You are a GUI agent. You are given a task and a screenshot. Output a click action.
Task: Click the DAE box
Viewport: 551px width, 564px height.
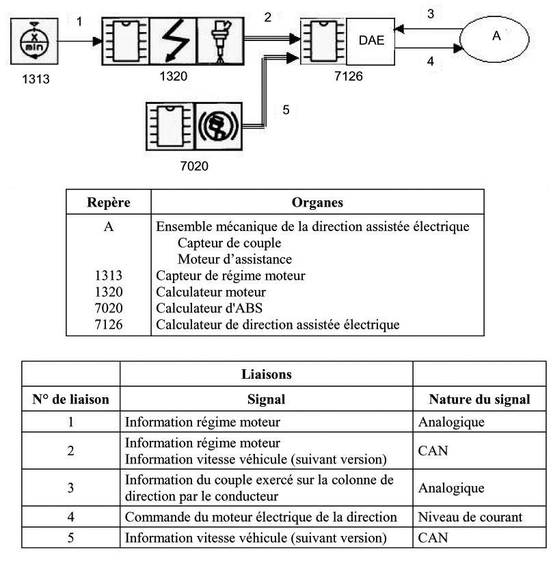coord(371,40)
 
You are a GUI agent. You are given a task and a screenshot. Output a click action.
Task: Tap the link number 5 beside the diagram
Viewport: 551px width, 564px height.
coord(286,109)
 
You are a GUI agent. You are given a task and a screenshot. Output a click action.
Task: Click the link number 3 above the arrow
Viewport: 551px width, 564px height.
coord(430,13)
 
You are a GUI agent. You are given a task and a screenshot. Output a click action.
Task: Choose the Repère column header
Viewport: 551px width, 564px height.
coord(108,203)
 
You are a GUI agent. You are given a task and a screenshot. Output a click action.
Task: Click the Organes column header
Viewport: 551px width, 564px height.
coord(317,203)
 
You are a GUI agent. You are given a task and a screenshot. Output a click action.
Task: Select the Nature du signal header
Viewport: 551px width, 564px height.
coord(479,399)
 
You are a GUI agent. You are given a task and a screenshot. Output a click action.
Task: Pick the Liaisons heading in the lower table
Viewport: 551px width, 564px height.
coord(266,375)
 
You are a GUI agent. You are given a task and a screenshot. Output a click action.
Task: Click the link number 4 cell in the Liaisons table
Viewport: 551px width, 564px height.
coord(71,518)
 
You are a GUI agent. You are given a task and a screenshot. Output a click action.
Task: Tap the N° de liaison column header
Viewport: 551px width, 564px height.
coord(71,399)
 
